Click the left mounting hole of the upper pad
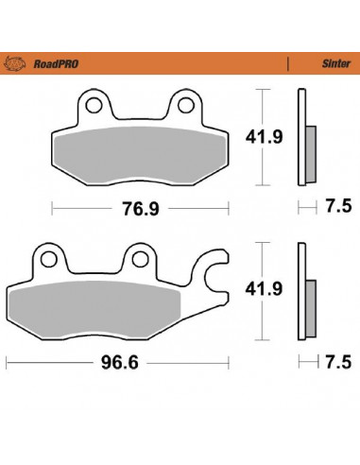pyautogui.click(x=94, y=102)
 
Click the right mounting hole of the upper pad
pyautogui.click(x=186, y=102)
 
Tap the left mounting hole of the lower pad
pyautogui.click(x=46, y=258)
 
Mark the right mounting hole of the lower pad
pyautogui.click(x=139, y=258)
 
